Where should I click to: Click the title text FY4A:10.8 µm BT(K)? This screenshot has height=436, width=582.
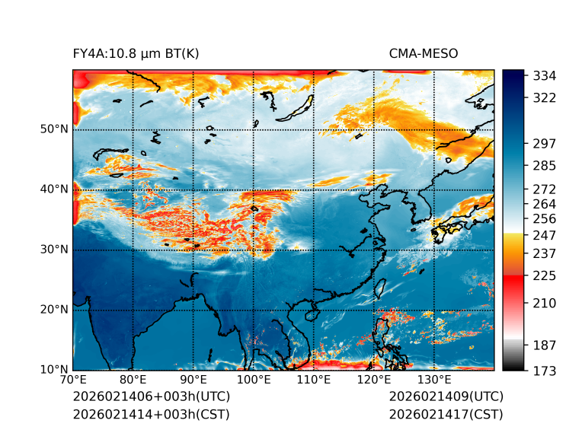136,53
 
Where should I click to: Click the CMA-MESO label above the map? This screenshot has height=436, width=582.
424,53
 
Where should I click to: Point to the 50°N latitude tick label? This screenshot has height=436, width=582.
54,129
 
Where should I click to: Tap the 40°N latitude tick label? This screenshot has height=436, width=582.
54,189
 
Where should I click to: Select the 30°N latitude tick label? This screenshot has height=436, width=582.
54,249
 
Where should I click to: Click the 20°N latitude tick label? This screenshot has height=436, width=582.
54,309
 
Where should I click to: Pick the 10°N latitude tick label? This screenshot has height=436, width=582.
54,369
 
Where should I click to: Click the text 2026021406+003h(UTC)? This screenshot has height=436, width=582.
151,396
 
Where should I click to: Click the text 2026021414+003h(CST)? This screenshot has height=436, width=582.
151,414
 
